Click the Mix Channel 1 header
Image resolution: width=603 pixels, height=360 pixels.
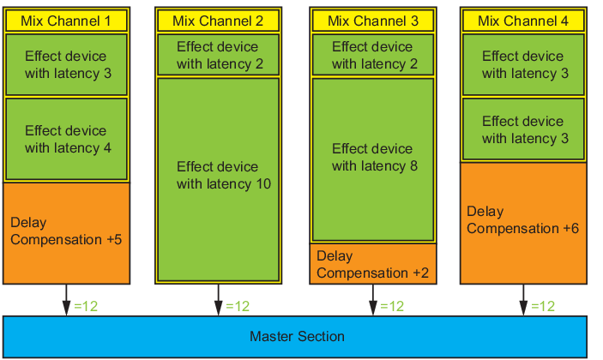point(66,21)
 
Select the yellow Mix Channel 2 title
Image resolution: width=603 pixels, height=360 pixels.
point(218,21)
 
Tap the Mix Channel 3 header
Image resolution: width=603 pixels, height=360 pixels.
point(372,21)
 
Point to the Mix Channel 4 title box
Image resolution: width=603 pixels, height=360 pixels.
point(523,21)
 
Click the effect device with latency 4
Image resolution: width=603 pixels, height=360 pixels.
point(66,139)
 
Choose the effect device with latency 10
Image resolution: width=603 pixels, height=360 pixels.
point(218,179)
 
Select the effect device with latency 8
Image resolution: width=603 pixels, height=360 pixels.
point(372,159)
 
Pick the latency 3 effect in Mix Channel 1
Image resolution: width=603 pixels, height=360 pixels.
point(66,64)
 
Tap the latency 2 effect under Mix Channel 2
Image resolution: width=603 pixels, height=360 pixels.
point(218,55)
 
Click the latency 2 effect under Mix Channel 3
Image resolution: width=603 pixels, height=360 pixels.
point(372,55)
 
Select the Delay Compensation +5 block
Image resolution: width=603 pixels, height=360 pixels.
point(66,233)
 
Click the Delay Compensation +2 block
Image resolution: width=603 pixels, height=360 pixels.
point(372,264)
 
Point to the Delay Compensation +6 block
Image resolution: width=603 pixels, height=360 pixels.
point(523,223)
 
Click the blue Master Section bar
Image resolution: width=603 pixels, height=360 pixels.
point(295,337)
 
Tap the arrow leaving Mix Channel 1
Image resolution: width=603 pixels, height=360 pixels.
point(66,300)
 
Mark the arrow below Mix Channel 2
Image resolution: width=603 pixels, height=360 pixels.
point(218,300)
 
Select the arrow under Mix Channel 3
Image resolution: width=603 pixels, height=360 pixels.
point(372,300)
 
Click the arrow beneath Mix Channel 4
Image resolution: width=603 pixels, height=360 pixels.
point(523,300)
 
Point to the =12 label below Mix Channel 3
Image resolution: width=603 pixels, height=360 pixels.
point(392,306)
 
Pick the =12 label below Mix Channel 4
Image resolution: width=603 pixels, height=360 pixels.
point(543,306)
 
